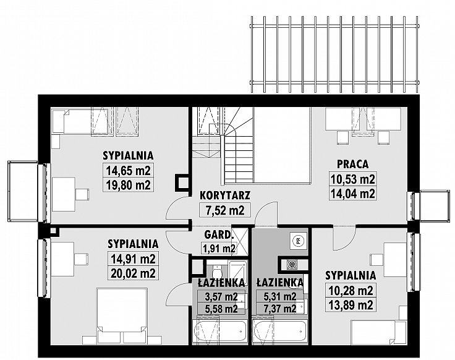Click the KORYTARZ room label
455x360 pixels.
224,195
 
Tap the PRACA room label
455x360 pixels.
352,164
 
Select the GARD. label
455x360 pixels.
218,235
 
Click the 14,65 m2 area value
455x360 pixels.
128,171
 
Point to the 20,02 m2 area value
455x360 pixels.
133,273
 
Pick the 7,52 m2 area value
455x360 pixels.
225,210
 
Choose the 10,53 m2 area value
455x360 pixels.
352,179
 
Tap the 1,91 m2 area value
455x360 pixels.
218,249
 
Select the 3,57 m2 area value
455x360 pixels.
221,297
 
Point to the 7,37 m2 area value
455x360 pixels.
279,309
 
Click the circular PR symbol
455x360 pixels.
298,240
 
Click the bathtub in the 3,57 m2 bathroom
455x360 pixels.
221,332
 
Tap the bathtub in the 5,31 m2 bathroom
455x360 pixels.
279,332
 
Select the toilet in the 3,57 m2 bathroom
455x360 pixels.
216,272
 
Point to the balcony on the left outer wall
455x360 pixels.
23,191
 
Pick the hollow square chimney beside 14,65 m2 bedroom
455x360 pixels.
182,183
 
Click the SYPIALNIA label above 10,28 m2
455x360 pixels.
351,275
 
